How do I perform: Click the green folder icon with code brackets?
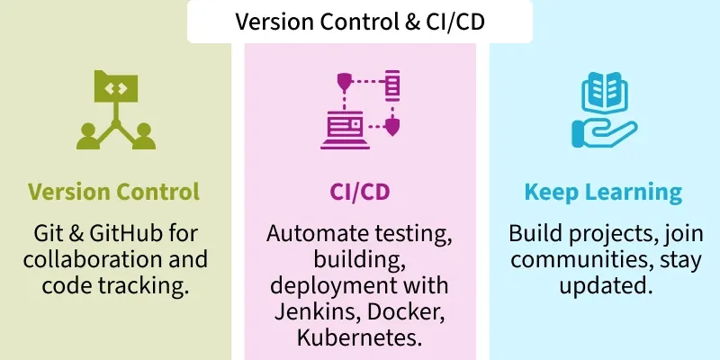pyautogui.click(x=116, y=86)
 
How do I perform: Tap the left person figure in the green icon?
pyautogui.click(x=87, y=137)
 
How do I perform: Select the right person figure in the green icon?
pyautogui.click(x=144, y=137)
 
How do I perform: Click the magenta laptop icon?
pyautogui.click(x=346, y=130)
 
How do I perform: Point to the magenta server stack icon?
pyautogui.click(x=392, y=85)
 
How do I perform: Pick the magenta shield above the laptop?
pyautogui.click(x=345, y=80)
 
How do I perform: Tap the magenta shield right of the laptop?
pyautogui.click(x=392, y=127)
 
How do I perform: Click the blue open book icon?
pyautogui.click(x=604, y=92)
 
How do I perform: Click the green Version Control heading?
pyautogui.click(x=114, y=192)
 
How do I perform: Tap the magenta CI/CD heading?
pyautogui.click(x=360, y=192)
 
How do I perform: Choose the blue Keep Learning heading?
pyautogui.click(x=603, y=193)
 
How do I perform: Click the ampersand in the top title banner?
pyautogui.click(x=412, y=21)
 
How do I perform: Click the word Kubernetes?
pyautogui.click(x=359, y=338)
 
